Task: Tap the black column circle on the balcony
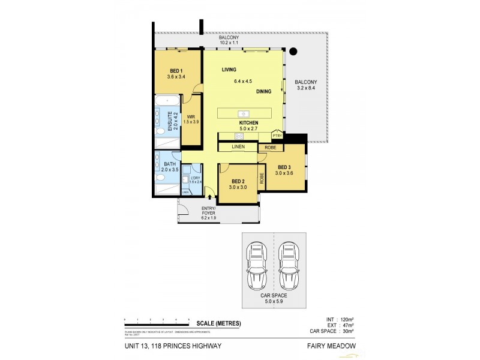tap(294, 52)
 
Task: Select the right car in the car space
tap(289, 266)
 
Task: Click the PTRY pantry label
tap(277, 136)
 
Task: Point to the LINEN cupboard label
tap(238, 146)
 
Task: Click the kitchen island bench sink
tap(243, 113)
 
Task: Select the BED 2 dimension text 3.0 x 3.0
tap(238, 187)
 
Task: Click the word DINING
tap(263, 92)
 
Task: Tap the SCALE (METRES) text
tap(218, 323)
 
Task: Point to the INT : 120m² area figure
tap(340, 320)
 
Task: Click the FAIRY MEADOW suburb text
tap(331, 346)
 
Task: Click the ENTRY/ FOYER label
tap(208, 211)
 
